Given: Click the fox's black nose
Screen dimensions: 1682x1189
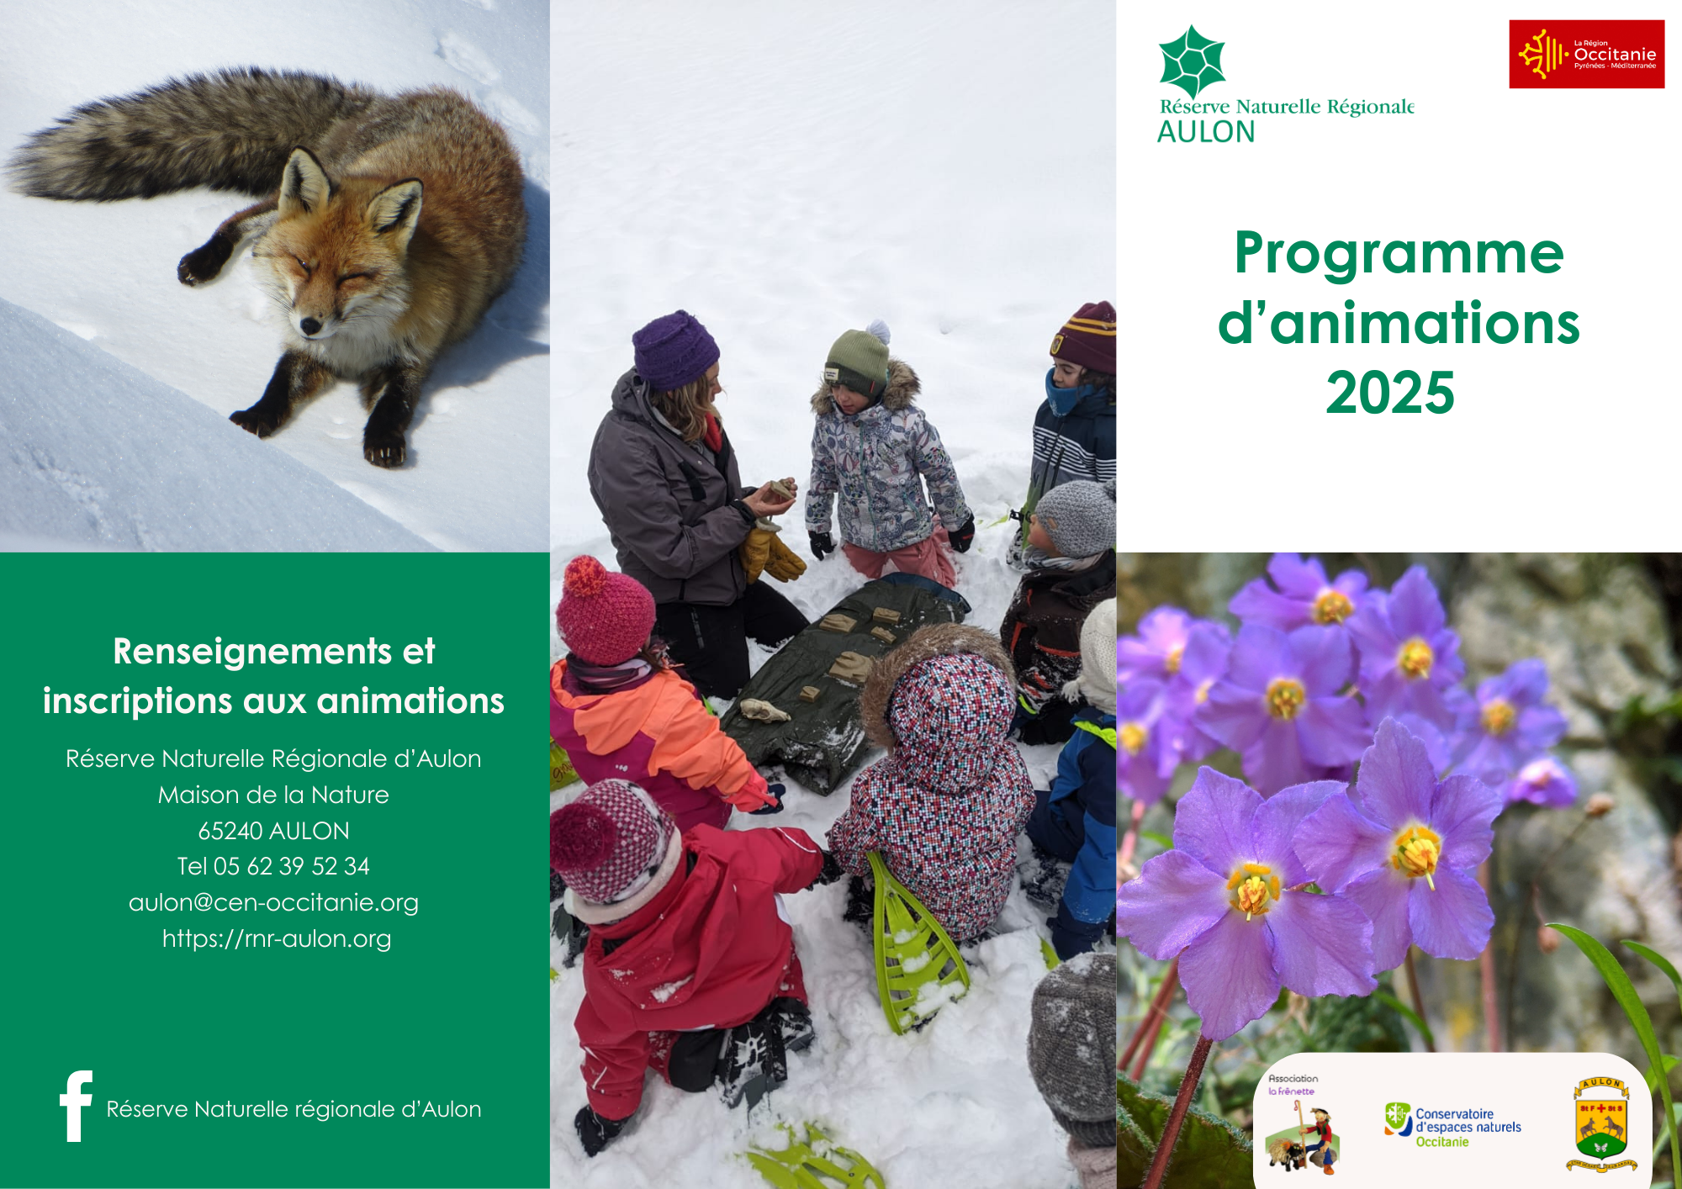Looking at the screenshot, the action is [309, 324].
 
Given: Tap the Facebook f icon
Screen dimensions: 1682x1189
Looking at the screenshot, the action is [76, 1106].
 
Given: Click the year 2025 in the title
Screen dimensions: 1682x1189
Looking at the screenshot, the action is [1390, 393].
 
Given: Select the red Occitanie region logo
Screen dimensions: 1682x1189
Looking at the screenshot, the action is [1586, 54].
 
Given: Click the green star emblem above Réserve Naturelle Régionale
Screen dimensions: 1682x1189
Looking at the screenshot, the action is [1192, 61].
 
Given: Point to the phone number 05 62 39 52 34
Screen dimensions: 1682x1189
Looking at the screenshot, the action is [291, 866].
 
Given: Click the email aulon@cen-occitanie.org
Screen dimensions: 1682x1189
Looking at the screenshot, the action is [273, 902].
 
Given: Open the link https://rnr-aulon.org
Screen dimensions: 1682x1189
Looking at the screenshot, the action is [277, 938].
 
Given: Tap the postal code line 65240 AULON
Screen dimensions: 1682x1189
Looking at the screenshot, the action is [273, 831].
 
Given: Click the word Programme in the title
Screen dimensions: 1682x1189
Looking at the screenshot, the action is [1399, 255].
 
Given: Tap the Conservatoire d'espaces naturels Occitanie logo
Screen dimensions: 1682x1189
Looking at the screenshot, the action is [1452, 1126].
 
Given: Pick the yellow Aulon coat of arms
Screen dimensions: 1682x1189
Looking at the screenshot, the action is [1601, 1124].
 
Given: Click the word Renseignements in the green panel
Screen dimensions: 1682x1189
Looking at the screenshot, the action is [252, 653].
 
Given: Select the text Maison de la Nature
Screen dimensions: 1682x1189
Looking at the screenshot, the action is [273, 795].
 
